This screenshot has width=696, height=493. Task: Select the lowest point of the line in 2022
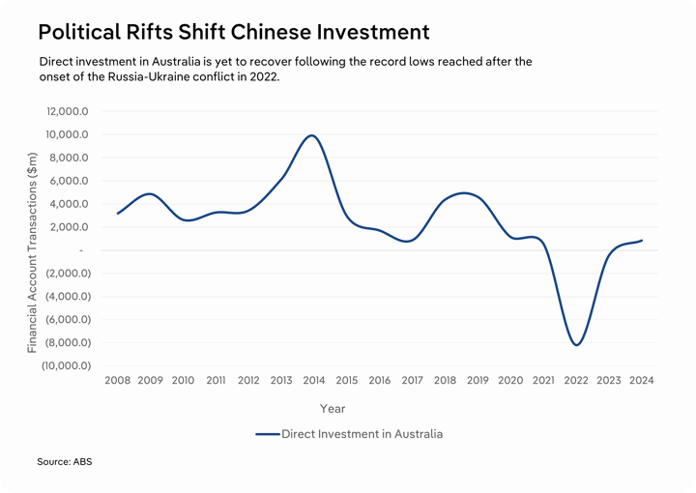tap(576, 344)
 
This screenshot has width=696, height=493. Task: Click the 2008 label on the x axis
tap(117, 381)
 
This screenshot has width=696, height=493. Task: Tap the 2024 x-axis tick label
tap(641, 381)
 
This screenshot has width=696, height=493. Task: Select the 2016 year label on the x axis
tap(379, 381)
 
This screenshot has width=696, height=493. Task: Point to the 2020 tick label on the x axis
tap(510, 381)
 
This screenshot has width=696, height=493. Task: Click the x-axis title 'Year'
tap(333, 409)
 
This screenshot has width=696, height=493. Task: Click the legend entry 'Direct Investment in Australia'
tap(362, 434)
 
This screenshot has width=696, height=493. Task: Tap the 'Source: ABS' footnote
tap(65, 462)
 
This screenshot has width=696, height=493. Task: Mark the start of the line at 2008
tap(117, 213)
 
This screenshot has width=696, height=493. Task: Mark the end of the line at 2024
tap(642, 240)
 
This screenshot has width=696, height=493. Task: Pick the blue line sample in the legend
tap(267, 434)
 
